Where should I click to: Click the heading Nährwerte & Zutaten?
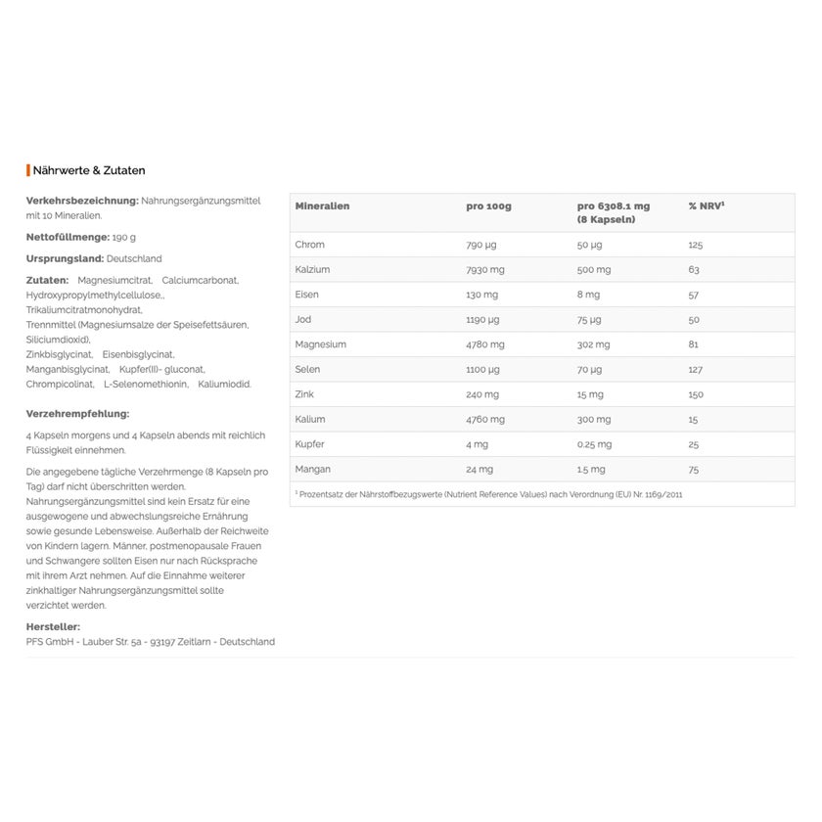(89, 170)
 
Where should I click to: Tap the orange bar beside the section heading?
(28, 170)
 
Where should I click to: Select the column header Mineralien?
(322, 206)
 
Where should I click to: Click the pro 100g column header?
(488, 206)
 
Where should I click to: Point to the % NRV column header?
(706, 206)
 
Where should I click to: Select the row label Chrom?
(309, 245)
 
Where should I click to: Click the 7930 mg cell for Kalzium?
(485, 269)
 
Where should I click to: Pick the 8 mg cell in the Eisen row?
(589, 295)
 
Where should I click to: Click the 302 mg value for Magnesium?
(593, 344)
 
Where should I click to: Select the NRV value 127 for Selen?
(696, 369)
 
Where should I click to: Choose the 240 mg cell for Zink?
(482, 394)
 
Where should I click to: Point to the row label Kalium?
(310, 419)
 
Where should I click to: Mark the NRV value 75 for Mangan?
(694, 470)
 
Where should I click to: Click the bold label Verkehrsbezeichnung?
(82, 201)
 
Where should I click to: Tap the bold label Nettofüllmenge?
(68, 237)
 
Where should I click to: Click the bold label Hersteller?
(53, 626)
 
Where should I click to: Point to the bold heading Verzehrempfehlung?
(77, 414)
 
